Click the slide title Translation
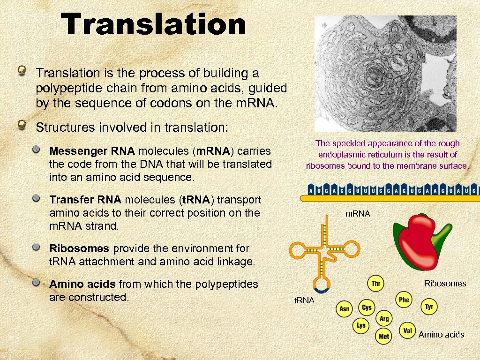tap(155, 24)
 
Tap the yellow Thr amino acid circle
tap(375, 284)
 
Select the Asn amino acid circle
tap(345, 308)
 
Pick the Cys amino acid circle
tap(367, 307)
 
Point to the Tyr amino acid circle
tap(429, 307)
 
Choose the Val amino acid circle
tap(407, 331)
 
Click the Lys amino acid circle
tap(361, 325)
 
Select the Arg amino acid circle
tap(384, 319)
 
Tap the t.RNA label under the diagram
tap(304, 300)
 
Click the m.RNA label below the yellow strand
tap(358, 213)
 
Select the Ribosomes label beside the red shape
tap(445, 283)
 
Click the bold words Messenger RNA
tap(92, 151)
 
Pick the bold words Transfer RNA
tap(85, 200)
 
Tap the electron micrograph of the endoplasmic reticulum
tap(385, 74)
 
